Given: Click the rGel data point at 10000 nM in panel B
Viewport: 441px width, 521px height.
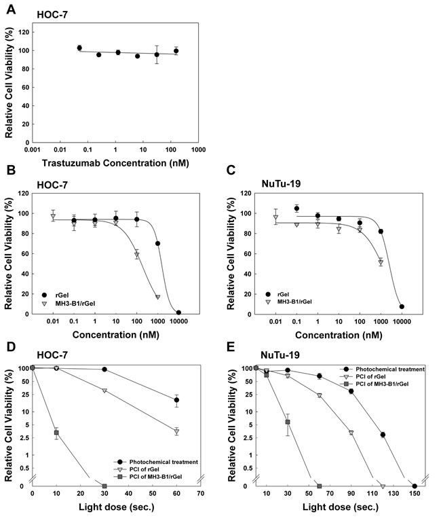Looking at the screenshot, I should coord(178,312).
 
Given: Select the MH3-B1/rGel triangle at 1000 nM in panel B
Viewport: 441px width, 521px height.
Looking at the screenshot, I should coord(157,298).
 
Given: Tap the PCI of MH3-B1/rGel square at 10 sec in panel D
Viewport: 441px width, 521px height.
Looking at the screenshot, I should coord(56,433).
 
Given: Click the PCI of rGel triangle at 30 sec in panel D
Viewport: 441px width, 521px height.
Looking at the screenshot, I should coord(104,391).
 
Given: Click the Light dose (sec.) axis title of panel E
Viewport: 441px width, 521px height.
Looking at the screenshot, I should coord(332,509).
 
